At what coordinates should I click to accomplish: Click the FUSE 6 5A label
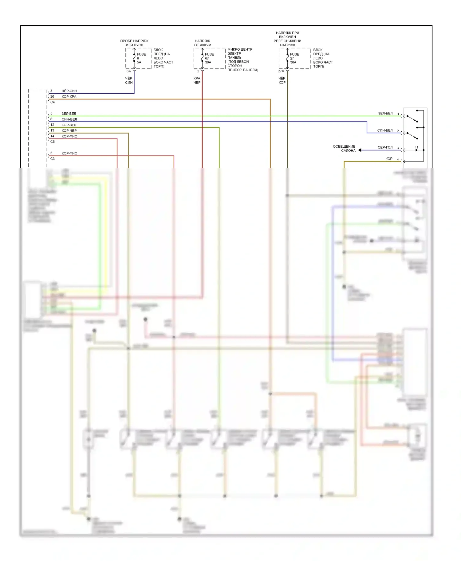141,58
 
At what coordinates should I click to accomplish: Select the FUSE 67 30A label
209,58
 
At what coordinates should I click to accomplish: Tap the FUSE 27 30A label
294,58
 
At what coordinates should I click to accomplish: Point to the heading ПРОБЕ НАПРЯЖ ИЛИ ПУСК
134,43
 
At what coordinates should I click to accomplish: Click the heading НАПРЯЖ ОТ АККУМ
203,43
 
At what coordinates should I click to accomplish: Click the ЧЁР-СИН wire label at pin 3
69,91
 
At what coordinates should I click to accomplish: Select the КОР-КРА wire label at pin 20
69,97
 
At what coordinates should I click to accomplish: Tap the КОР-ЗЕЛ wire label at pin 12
69,125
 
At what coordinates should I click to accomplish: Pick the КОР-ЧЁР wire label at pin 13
69,131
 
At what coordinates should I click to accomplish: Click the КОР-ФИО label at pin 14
69,136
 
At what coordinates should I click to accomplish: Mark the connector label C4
53,102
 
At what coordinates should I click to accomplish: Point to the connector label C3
53,159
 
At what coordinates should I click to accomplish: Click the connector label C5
53,142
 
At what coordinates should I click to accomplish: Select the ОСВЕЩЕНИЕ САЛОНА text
344,149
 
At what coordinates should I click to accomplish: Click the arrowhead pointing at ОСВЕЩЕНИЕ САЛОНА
360,150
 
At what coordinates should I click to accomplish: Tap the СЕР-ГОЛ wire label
385,148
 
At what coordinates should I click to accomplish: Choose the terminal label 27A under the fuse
281,71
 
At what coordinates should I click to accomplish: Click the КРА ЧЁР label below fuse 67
197,80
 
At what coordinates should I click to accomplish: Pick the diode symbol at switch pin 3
417,150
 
